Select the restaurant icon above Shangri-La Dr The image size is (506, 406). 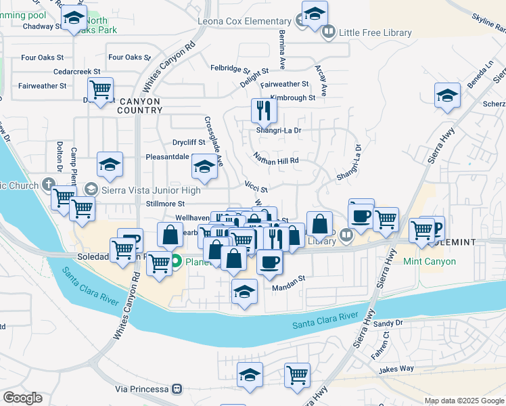click(x=264, y=110)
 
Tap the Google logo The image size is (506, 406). click(x=22, y=398)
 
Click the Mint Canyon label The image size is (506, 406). click(x=430, y=261)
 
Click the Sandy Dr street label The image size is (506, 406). click(x=388, y=323)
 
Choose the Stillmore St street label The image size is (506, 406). click(x=165, y=204)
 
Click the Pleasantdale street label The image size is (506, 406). click(x=167, y=156)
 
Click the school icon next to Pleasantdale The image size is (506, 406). click(x=204, y=165)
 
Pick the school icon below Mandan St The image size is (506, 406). click(x=245, y=292)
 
